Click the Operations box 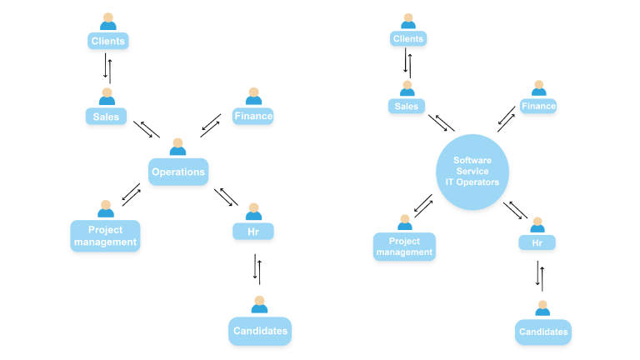[x=177, y=172]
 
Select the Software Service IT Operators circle [x=472, y=171]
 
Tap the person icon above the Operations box [x=177, y=147]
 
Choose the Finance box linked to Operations [x=253, y=116]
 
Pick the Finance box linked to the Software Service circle [x=538, y=106]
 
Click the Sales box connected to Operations [x=106, y=117]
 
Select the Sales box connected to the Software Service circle [x=407, y=106]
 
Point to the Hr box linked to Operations [x=253, y=231]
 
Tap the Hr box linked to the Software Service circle [x=537, y=242]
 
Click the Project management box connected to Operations [x=105, y=236]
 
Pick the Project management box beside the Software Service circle [x=405, y=247]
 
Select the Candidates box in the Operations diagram [x=259, y=331]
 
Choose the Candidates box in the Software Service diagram [x=543, y=332]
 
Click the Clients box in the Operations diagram [x=108, y=40]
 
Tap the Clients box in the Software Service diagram [x=408, y=38]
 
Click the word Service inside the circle [x=472, y=171]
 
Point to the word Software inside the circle [x=472, y=160]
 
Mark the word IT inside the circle [x=450, y=182]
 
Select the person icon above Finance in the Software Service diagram [x=539, y=88]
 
